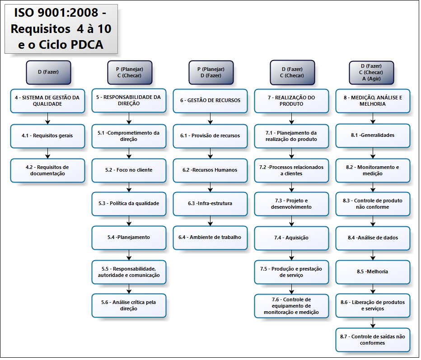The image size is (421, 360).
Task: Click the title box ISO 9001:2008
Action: tap(61, 28)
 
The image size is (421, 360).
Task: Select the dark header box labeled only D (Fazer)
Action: tap(48, 72)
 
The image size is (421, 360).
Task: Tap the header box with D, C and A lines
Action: tap(371, 72)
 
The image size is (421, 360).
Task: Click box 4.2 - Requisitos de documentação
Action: tap(47, 170)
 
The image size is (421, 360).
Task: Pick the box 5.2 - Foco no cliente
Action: tap(129, 170)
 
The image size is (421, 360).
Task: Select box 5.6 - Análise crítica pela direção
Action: tap(129, 305)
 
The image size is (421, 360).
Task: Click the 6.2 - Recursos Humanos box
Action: tap(210, 170)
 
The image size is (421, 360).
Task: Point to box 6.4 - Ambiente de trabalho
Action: tap(210, 237)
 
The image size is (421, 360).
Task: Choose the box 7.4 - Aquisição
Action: tap(291, 238)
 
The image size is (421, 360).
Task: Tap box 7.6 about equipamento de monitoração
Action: tap(291, 306)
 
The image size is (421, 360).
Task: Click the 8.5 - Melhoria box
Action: tap(373, 271)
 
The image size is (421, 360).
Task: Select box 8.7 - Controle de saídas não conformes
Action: tap(373, 340)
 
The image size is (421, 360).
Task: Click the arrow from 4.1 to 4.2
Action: tap(47, 154)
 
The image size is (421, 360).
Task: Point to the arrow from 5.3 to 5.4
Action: tap(129, 221)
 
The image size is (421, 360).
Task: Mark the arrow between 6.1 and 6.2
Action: tap(210, 154)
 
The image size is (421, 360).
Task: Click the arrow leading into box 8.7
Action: tap(373, 323)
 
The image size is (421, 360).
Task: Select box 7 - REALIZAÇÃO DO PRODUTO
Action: tap(291, 101)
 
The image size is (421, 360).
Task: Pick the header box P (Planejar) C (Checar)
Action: tap(129, 72)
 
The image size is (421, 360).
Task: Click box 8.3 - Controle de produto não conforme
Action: tap(373, 204)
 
